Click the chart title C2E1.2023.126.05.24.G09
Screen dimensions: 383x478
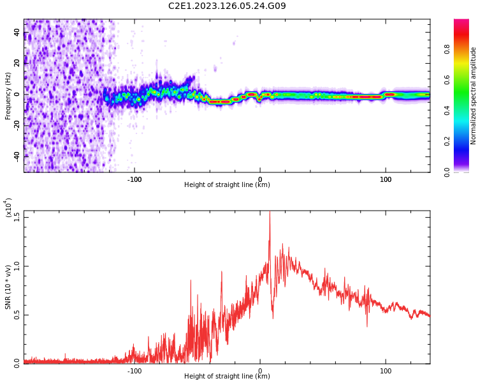[x=227, y=6]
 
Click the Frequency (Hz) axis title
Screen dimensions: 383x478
[x=8, y=96]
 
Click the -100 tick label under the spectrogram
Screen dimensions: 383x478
[x=134, y=179]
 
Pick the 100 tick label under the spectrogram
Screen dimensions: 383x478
[x=386, y=179]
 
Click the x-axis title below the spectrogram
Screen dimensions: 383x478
[x=227, y=185]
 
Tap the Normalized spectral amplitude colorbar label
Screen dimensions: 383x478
[x=474, y=96]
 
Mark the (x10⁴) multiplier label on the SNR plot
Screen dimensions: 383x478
[x=8, y=208]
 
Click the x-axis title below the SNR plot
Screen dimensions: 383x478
[x=227, y=377]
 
